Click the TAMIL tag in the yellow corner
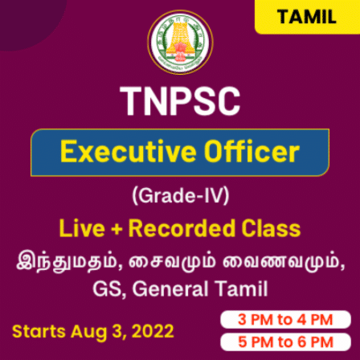306,18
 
